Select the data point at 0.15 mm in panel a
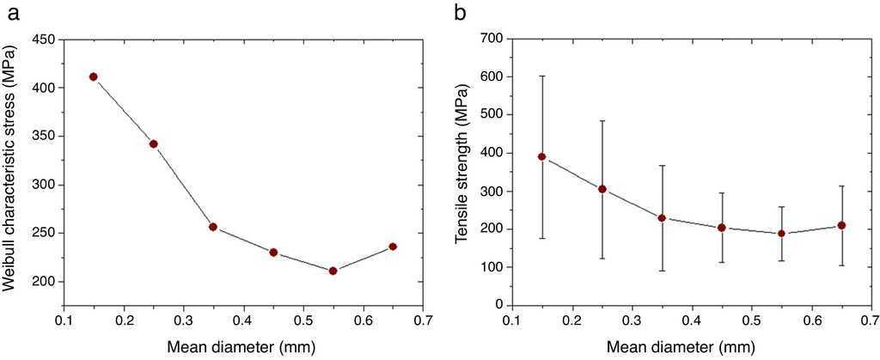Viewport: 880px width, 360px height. pyautogui.click(x=94, y=76)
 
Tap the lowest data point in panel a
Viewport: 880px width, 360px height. pyautogui.click(x=333, y=271)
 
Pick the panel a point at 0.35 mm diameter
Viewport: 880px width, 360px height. pyautogui.click(x=213, y=227)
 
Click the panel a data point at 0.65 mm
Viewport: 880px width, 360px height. pyautogui.click(x=393, y=247)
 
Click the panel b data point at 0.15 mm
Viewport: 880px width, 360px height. pyautogui.click(x=542, y=156)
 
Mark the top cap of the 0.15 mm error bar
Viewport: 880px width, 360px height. pyautogui.click(x=542, y=76)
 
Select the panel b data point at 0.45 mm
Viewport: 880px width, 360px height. pyautogui.click(x=722, y=228)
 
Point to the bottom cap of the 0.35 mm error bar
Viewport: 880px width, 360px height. pyautogui.click(x=662, y=271)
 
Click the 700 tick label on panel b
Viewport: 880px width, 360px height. pyautogui.click(x=492, y=39)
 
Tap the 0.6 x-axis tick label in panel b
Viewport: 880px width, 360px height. pyautogui.click(x=810, y=322)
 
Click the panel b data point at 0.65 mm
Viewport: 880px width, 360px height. pyautogui.click(x=841, y=225)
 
